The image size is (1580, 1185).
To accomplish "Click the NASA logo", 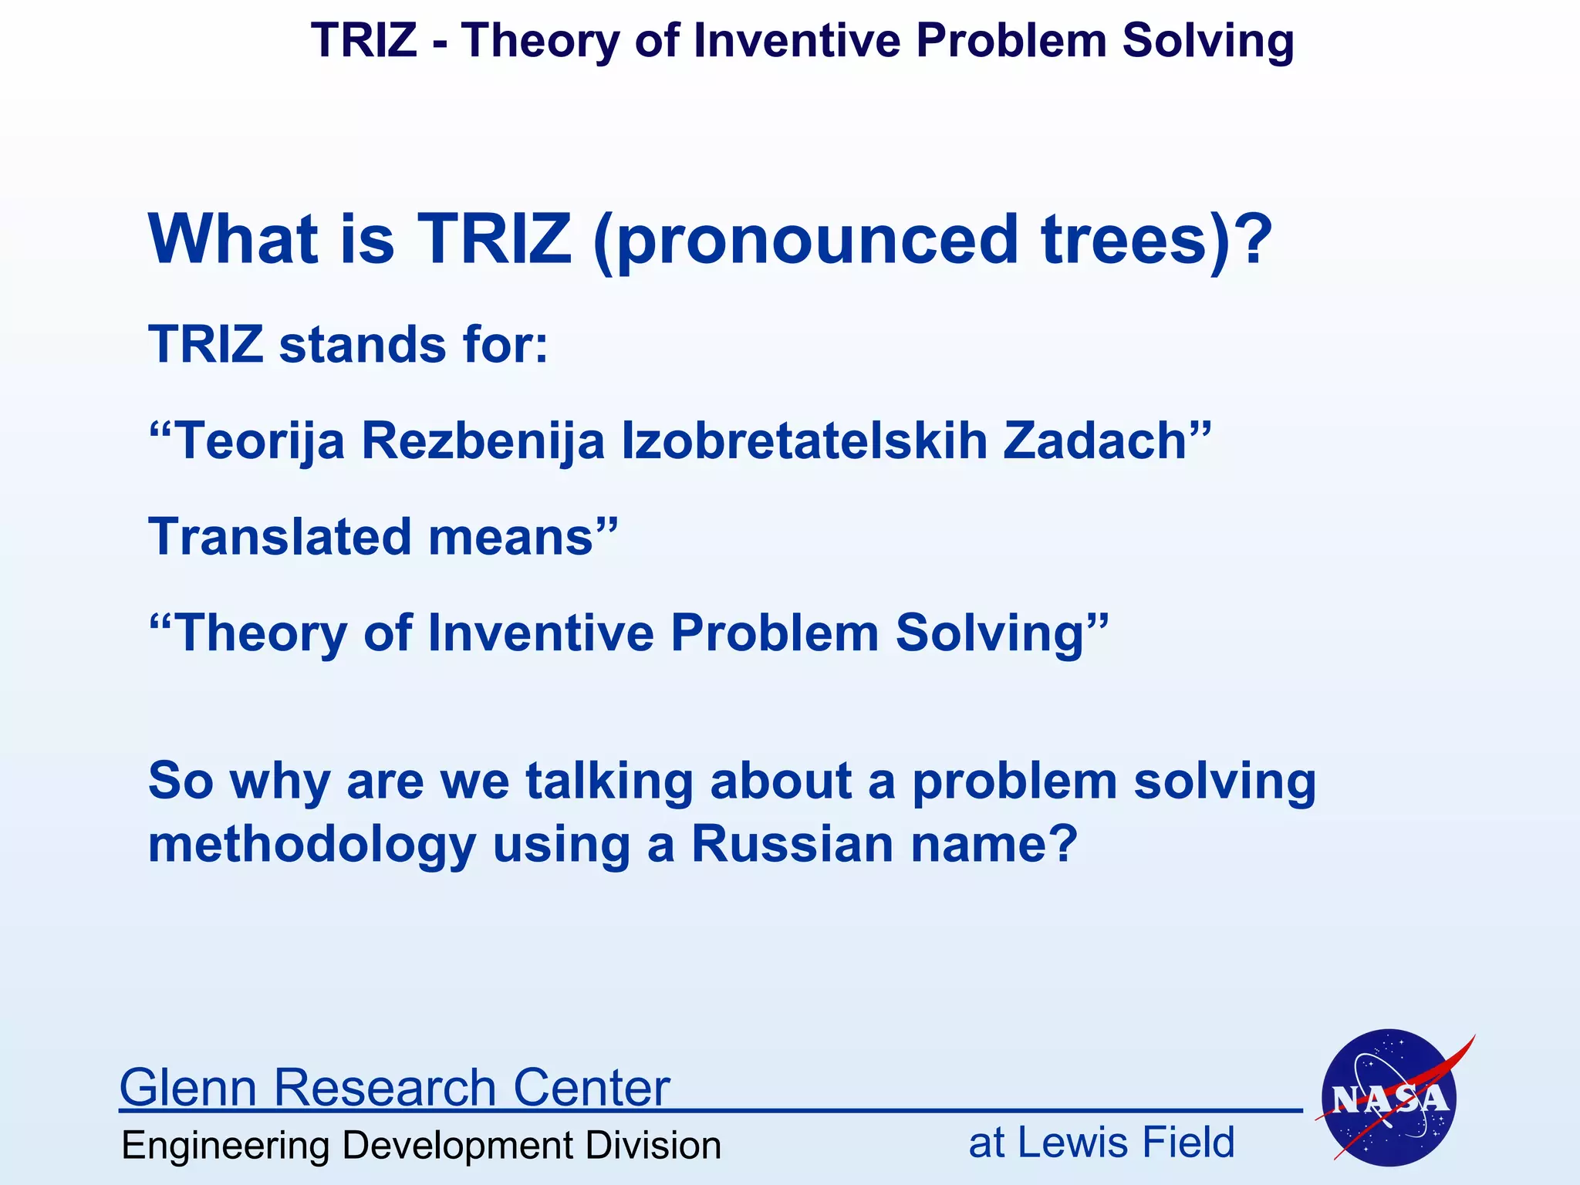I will [x=1389, y=1097].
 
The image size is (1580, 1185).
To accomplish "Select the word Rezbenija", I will [x=483, y=441].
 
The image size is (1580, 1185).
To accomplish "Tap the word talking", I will [x=609, y=782].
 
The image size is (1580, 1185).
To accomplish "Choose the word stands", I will [x=362, y=344].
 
